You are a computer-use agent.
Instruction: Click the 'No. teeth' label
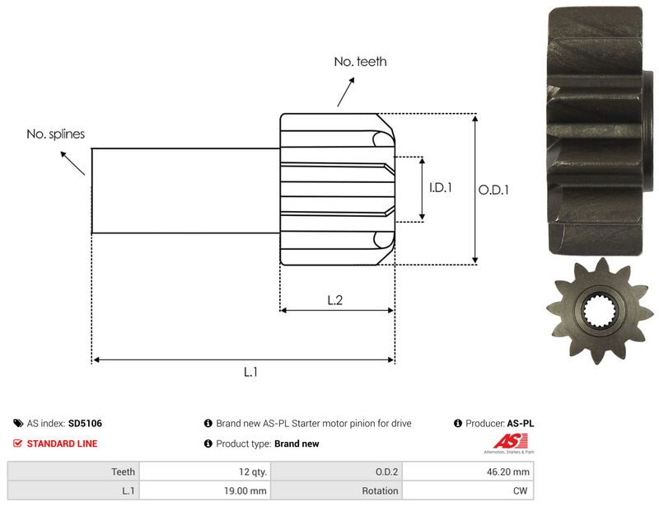tap(360, 62)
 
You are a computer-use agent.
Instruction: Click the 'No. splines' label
tap(55, 134)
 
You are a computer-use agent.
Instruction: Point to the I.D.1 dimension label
tap(441, 188)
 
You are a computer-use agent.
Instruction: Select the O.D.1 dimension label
tap(493, 190)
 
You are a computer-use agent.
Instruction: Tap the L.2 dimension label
tap(335, 300)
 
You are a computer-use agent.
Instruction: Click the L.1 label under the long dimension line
tap(250, 372)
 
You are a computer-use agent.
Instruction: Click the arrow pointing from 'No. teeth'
tap(345, 92)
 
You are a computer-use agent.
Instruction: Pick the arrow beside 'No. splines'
tap(72, 163)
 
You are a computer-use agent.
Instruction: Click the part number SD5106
tap(86, 423)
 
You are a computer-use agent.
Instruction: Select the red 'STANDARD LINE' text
tap(63, 444)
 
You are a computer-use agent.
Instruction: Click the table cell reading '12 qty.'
tap(205, 472)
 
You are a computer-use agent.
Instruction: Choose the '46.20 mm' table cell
tap(468, 472)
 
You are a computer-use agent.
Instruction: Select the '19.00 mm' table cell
tap(205, 491)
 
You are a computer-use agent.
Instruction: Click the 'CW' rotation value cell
tap(468, 491)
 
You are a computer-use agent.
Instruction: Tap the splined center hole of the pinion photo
tap(600, 312)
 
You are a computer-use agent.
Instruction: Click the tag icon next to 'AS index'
tap(18, 423)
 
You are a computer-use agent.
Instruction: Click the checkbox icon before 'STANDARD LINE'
tap(17, 444)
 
